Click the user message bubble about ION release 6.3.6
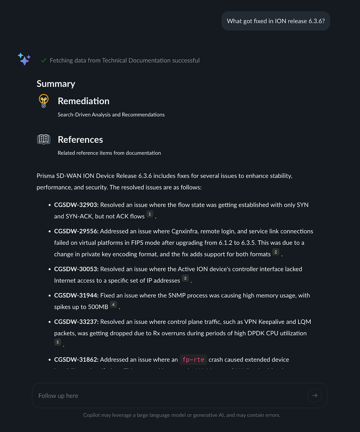(x=276, y=21)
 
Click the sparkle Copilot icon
(x=24, y=59)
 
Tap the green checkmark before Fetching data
(x=44, y=61)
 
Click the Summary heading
(x=56, y=84)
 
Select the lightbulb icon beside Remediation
(x=43, y=101)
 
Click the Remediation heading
(x=84, y=101)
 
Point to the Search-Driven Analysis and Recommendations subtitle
(x=111, y=115)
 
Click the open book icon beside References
(x=43, y=139)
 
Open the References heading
(x=80, y=140)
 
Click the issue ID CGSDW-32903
(x=76, y=205)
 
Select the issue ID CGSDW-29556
(x=76, y=231)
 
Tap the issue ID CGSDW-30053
(x=76, y=269)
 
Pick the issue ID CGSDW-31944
(x=76, y=296)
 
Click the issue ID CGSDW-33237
(x=76, y=322)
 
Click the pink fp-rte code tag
(x=193, y=360)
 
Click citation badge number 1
(x=150, y=214)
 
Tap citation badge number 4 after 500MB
(x=113, y=305)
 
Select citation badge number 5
(x=58, y=342)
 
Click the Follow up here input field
(x=169, y=396)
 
